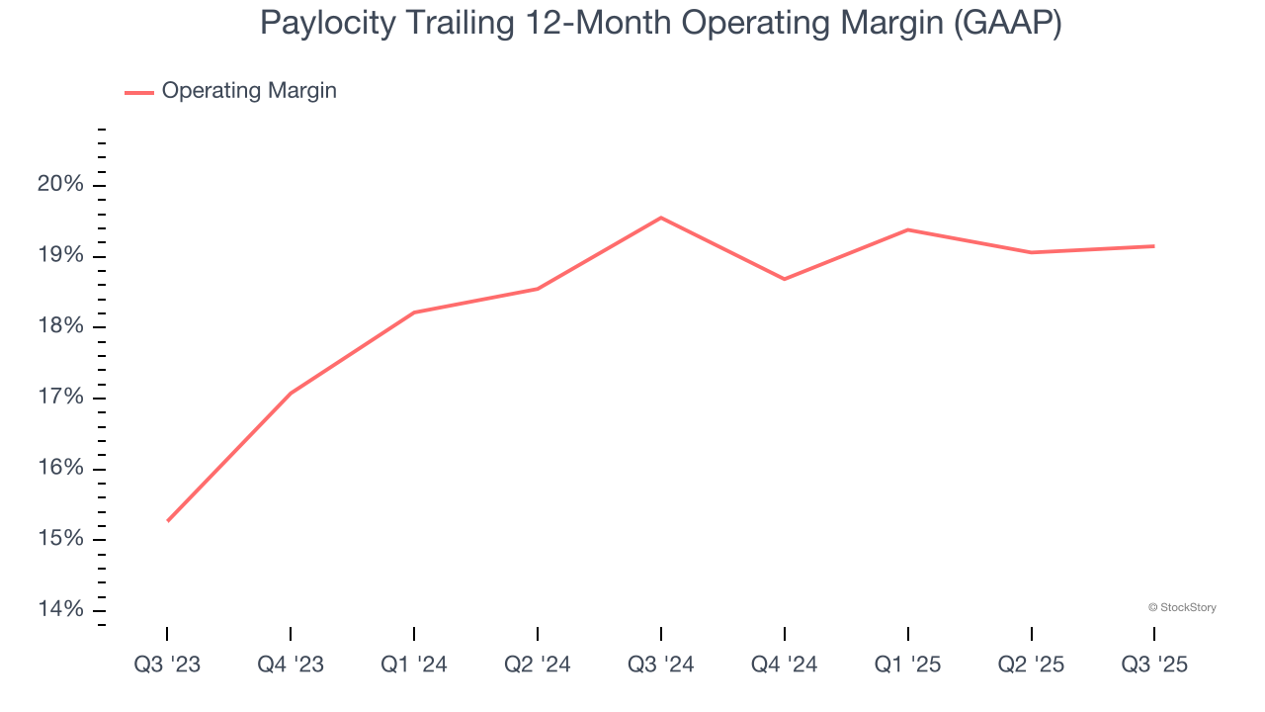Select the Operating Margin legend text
tap(249, 91)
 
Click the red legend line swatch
tap(139, 92)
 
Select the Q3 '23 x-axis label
tap(167, 665)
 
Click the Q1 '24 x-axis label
tap(414, 665)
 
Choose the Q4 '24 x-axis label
tap(785, 665)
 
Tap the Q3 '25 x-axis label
tap(1154, 665)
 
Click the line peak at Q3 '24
tap(661, 218)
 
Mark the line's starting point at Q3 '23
tap(168, 520)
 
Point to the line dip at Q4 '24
tap(785, 279)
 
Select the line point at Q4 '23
tap(291, 394)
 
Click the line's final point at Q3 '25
tap(1153, 246)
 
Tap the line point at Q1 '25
tap(907, 229)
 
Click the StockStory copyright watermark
tap(1182, 607)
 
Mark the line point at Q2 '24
tap(538, 289)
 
